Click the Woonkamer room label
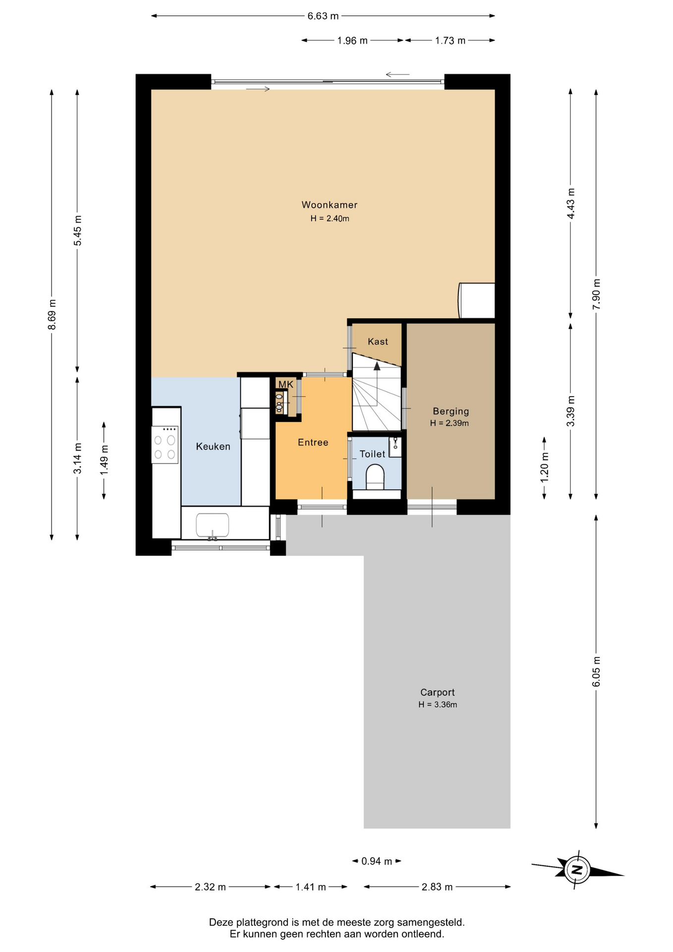point(330,205)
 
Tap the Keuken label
point(213,446)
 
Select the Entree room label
point(313,442)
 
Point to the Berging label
point(450,411)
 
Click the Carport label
point(437,692)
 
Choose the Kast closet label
point(378,342)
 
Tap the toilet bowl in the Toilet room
point(375,476)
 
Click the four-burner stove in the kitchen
point(165,445)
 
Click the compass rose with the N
point(577,869)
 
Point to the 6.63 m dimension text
point(323,16)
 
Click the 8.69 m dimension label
point(52,314)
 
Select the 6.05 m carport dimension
point(596,671)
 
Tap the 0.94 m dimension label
point(377,861)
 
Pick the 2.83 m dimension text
point(437,887)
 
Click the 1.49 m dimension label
point(104,460)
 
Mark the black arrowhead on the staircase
point(377,366)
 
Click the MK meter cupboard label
point(285,384)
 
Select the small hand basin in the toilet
point(395,447)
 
